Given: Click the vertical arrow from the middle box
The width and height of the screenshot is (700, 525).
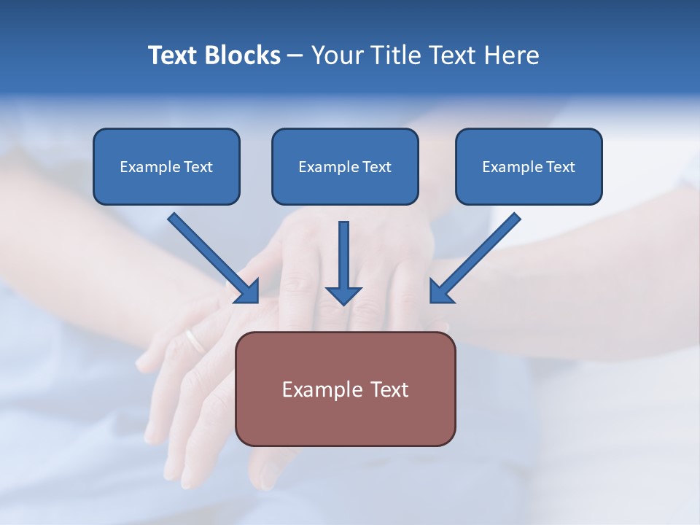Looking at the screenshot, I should click(x=343, y=259).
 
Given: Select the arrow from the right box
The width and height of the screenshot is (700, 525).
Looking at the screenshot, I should click(x=476, y=257).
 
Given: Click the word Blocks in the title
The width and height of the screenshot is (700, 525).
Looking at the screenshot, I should click(x=242, y=55).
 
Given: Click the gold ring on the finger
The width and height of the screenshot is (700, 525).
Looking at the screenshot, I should click(x=195, y=340).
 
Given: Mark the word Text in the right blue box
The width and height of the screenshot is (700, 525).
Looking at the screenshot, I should click(x=560, y=167).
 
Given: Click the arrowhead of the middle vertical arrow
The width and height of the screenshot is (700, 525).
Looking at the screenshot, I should click(x=343, y=295).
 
